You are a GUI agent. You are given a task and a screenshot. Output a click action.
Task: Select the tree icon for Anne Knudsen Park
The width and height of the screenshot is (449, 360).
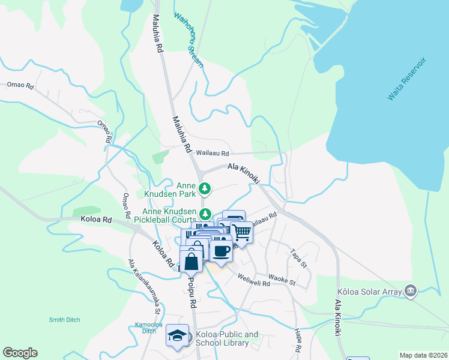tap(205, 189)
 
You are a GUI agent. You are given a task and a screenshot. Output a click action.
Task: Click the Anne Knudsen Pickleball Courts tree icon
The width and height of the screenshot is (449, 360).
tap(205, 214)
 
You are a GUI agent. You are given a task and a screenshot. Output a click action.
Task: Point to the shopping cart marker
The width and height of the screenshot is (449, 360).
tap(241, 230)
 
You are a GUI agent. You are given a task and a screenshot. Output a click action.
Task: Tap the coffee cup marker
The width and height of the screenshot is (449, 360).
tap(221, 250)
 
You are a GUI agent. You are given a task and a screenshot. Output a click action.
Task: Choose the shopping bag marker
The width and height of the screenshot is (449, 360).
tap(191, 262)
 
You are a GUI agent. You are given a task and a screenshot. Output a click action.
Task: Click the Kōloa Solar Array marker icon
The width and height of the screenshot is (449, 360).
tap(411, 291)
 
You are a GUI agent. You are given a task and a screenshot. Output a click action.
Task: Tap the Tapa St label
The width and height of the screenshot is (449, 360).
tap(298, 258)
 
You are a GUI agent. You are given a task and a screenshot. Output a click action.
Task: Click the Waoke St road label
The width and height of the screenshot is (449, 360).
tap(282, 280)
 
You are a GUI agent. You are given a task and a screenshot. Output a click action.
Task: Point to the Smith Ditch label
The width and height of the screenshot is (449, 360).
tap(65, 320)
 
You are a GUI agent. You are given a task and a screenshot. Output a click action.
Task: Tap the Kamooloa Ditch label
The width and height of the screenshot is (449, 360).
tap(142, 328)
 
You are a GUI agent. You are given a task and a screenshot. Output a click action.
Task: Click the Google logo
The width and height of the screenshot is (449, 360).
tap(20, 353)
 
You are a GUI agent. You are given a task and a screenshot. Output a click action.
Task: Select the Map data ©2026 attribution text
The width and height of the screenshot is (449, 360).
tap(423, 355)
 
